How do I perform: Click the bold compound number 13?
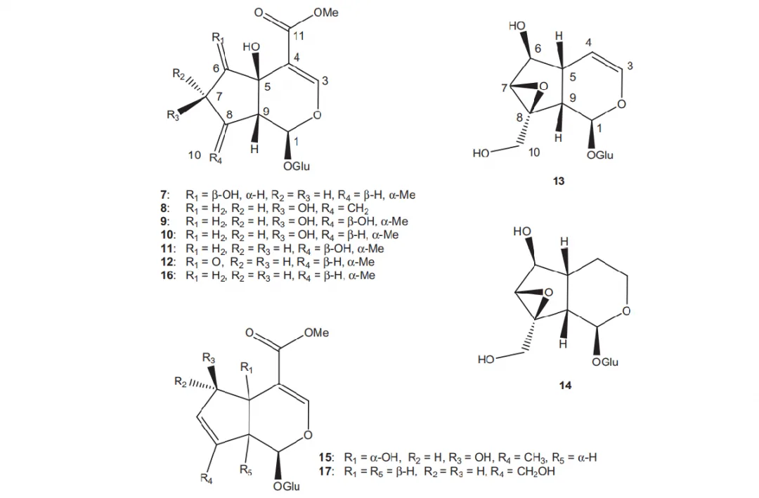pos(558,181)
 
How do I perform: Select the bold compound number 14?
pos(565,385)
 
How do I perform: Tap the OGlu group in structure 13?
pos(599,155)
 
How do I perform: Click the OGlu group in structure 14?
pos(605,362)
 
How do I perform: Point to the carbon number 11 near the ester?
pos(298,36)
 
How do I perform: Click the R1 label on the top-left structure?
pos(219,37)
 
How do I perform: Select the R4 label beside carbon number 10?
pos(216,158)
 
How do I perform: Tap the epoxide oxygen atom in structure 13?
pos(543,86)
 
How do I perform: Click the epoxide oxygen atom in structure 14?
pos(548,292)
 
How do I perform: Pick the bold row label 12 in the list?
pos(166,262)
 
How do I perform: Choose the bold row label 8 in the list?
pos(163,208)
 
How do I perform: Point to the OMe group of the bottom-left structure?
pos(316,333)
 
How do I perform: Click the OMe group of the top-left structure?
pos(326,13)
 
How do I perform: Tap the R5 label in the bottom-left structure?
pos(246,470)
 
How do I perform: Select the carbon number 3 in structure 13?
pos(630,65)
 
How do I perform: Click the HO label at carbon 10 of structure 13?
pos(481,153)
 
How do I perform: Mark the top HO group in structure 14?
pos(521,231)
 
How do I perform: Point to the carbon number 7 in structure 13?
pos(505,88)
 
